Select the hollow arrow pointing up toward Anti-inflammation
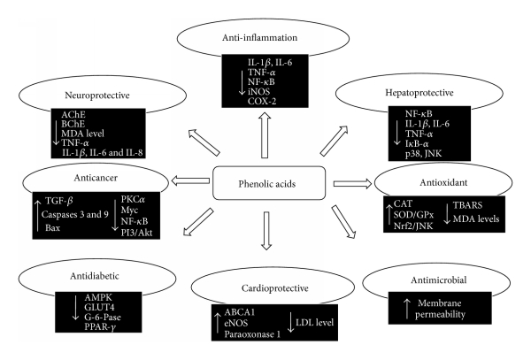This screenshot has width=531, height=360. click(x=263, y=141)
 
